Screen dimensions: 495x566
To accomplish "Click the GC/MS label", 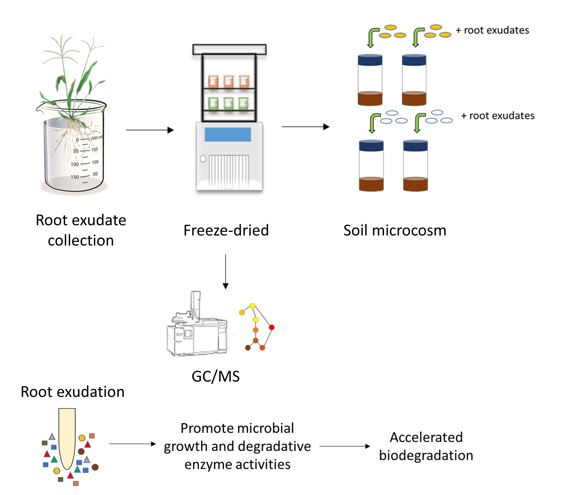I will (x=216, y=376).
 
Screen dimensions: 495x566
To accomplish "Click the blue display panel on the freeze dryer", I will (x=228, y=134).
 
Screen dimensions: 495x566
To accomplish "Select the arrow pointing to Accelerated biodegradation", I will (x=344, y=446).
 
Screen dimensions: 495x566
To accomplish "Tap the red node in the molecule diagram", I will (x=271, y=327).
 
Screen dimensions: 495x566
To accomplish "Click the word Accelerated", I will (x=426, y=437).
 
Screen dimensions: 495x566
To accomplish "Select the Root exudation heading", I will (x=73, y=392).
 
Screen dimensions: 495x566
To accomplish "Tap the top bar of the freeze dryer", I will (x=229, y=49).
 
